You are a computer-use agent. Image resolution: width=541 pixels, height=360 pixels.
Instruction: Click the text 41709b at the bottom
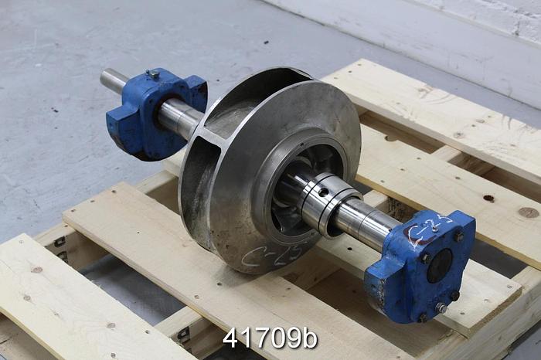270,338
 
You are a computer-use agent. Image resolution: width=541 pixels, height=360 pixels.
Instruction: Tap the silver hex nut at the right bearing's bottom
441,307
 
